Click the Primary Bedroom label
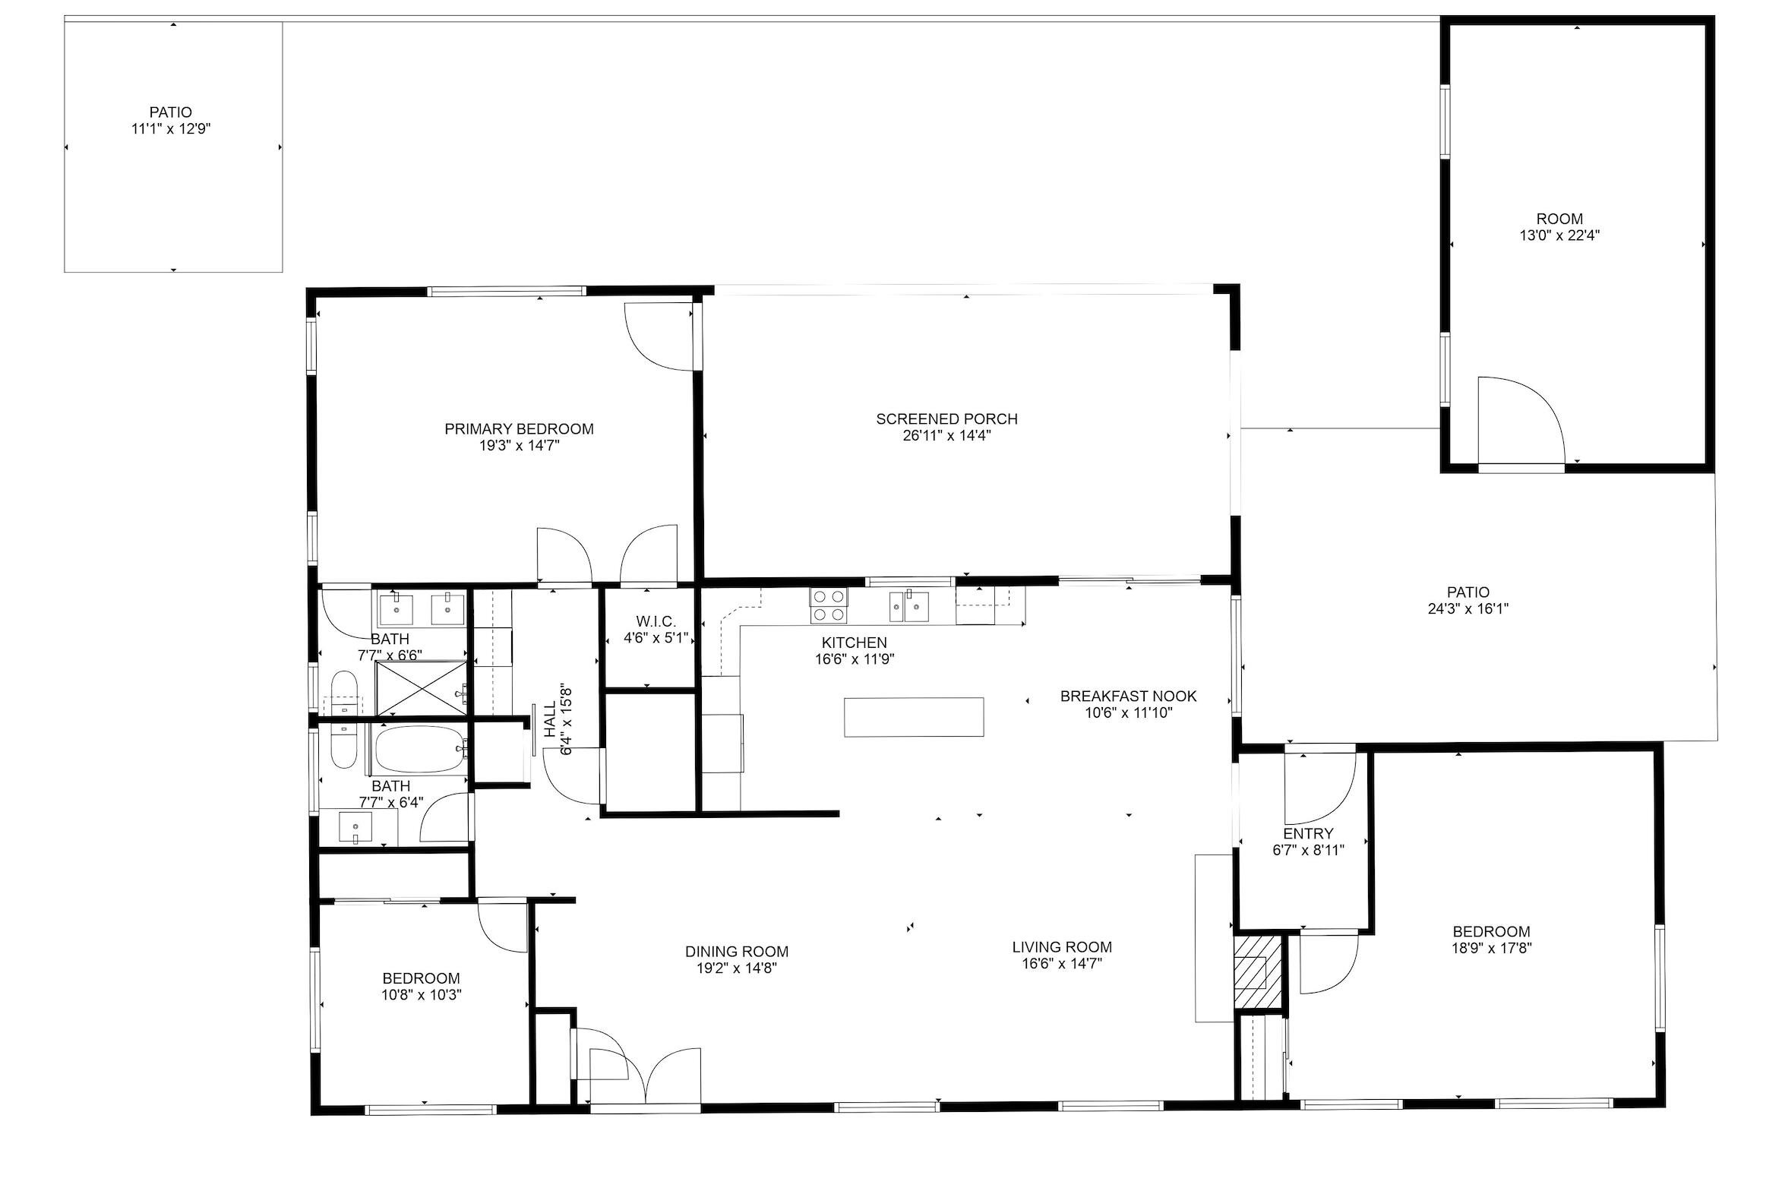point(519,429)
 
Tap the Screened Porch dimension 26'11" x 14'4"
point(946,436)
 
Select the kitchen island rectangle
point(913,717)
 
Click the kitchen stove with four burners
point(828,606)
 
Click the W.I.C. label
point(649,621)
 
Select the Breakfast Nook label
point(1128,696)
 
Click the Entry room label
point(1307,833)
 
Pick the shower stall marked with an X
point(421,688)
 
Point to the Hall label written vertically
point(551,719)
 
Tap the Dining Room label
point(736,951)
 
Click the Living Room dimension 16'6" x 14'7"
point(1062,964)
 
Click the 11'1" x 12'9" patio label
point(171,128)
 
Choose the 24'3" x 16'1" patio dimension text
point(1468,608)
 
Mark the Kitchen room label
point(854,643)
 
